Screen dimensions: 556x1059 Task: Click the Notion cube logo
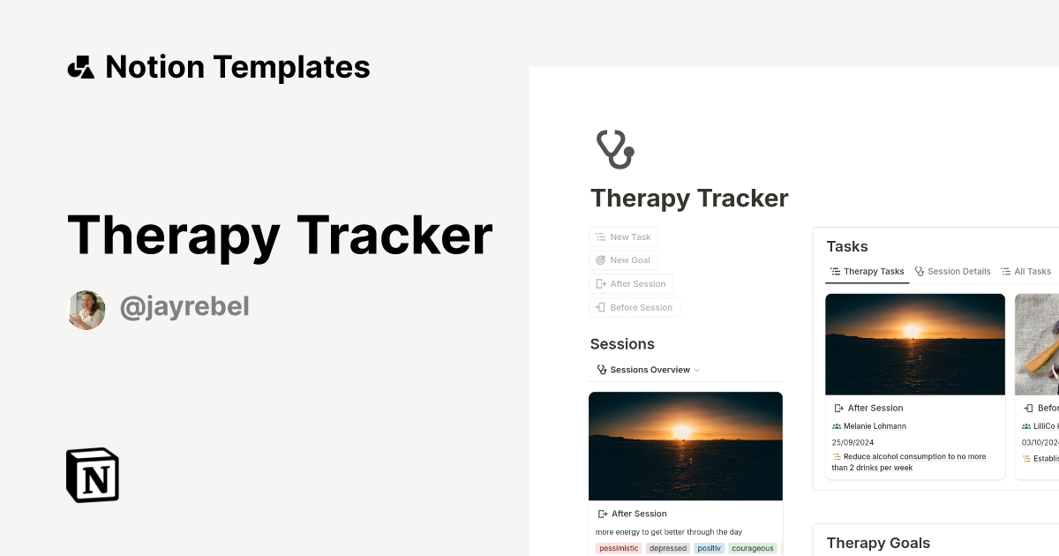pos(93,475)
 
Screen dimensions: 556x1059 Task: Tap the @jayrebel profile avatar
pos(86,310)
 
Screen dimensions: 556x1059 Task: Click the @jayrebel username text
pos(184,307)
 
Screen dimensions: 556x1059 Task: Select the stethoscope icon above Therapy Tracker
pos(615,148)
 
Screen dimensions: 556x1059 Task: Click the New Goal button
pos(623,260)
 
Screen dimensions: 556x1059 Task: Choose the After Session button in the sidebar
pos(631,284)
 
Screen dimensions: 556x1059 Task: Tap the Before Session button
pos(635,308)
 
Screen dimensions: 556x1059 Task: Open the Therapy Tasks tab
pos(867,272)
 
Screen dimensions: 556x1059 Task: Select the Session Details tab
pos(952,272)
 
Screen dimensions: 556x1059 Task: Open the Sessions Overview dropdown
pos(649,370)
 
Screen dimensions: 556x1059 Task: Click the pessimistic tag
pos(618,548)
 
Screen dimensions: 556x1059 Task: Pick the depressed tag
pos(667,548)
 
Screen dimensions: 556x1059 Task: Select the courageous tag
pos(752,548)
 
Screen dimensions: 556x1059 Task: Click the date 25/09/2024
pos(852,442)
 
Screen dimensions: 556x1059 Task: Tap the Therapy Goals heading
pos(878,543)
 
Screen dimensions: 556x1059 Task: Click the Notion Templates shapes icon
pos(81,67)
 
